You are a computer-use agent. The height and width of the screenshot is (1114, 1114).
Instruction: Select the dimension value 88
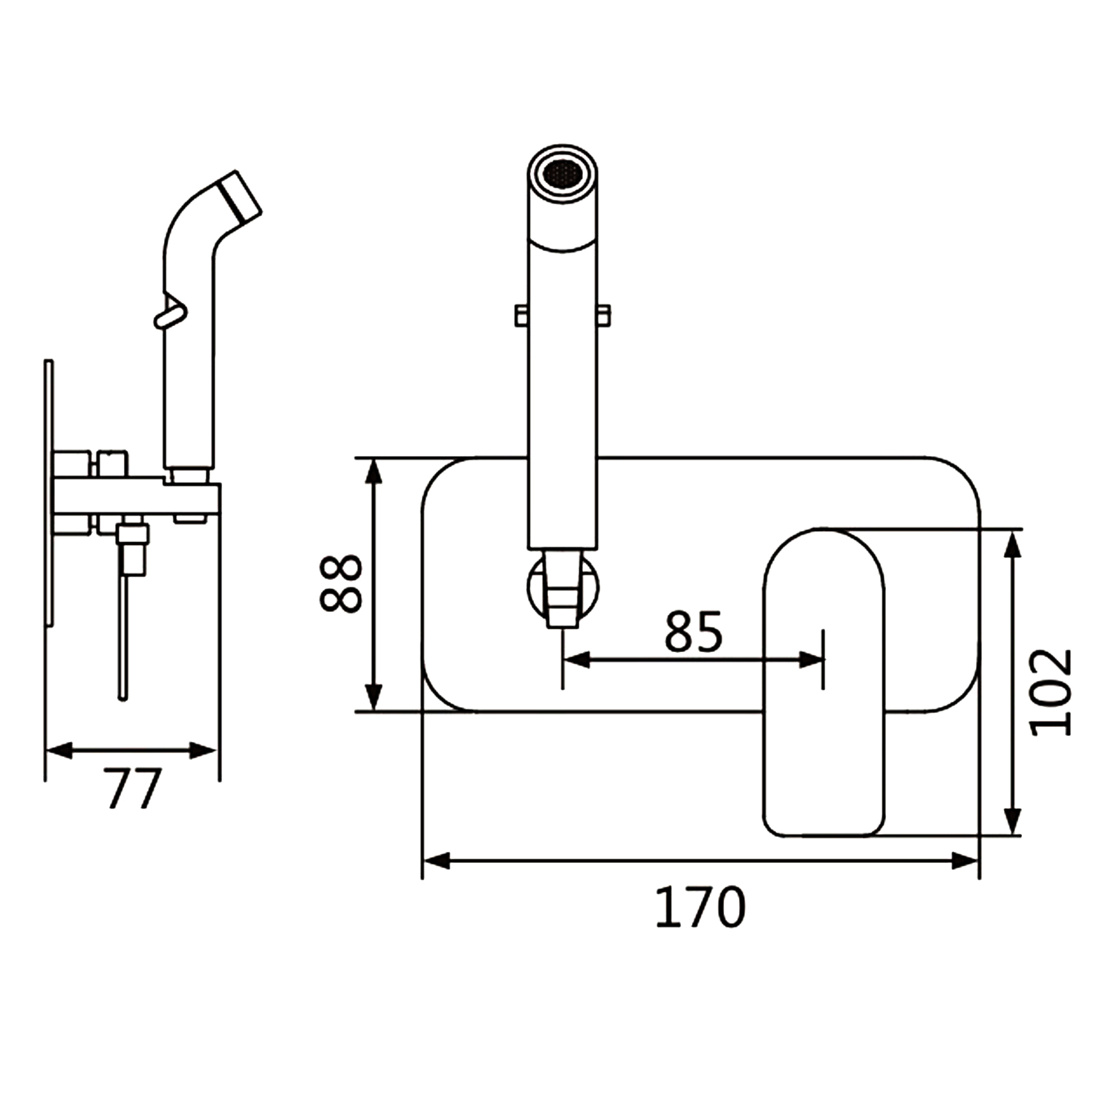tap(341, 584)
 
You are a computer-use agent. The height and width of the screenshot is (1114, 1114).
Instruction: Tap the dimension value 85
tap(693, 632)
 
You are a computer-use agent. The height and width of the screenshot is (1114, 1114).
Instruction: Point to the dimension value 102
tap(1052, 692)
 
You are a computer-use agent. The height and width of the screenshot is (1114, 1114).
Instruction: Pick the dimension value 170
tap(700, 907)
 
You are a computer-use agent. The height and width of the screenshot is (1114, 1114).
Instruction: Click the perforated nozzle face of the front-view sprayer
tap(562, 174)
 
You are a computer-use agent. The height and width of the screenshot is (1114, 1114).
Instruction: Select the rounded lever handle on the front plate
tap(824, 682)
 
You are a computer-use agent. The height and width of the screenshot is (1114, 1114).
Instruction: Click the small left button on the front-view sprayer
tap(521, 315)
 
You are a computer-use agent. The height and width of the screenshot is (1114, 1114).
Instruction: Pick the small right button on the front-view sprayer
tap(604, 315)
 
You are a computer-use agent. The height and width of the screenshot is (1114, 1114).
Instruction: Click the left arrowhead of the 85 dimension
tap(576, 659)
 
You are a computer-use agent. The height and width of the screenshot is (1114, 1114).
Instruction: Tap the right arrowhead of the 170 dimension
tap(965, 861)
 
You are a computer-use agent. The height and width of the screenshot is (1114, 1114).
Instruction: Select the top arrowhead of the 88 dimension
tap(375, 472)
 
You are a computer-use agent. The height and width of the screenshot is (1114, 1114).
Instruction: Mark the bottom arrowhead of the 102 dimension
tap(1012, 821)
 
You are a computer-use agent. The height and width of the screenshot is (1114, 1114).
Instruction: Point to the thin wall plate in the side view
tap(49, 494)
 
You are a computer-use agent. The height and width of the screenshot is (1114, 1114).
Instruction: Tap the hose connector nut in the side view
tap(134, 548)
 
